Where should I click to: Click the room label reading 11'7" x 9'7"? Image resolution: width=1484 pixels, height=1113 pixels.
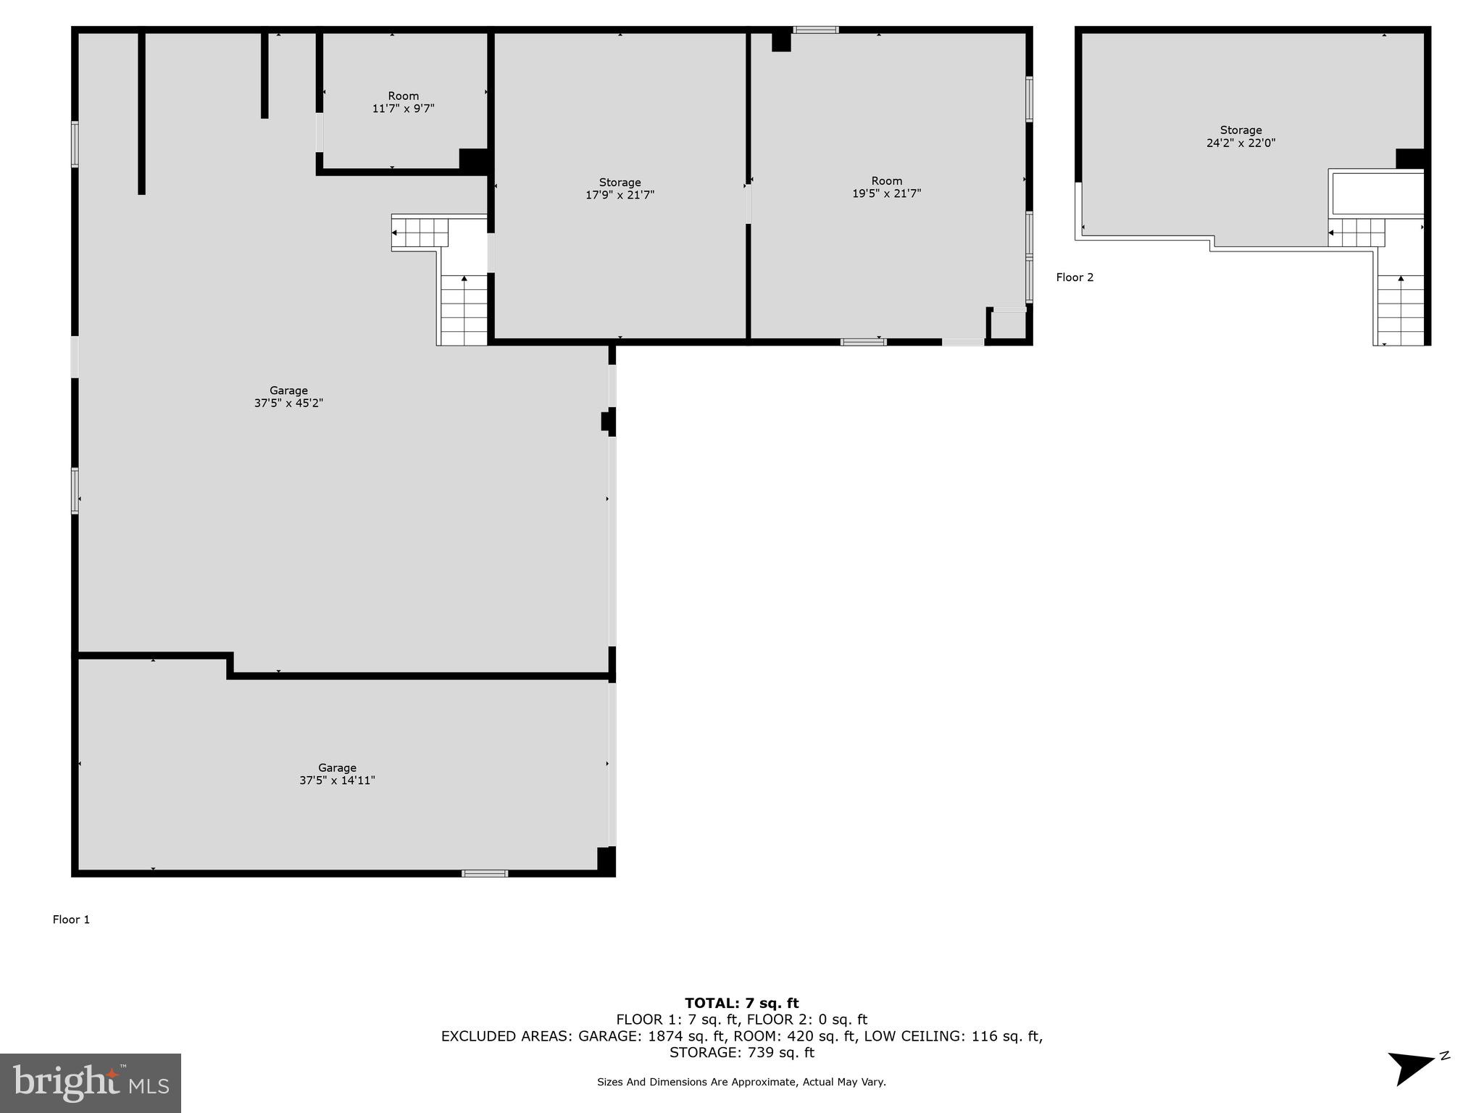403,102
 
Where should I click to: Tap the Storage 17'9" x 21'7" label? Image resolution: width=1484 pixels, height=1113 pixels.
620,188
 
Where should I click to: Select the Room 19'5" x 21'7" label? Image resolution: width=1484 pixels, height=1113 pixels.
886,187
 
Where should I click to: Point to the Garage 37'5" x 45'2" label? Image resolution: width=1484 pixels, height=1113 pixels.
288,396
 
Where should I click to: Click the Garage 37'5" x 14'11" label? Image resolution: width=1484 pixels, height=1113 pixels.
337,774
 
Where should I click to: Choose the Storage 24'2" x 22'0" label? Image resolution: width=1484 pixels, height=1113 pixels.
1241,137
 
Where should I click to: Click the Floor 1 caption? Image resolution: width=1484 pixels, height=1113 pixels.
71,920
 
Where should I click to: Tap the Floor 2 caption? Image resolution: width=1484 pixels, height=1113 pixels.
1075,278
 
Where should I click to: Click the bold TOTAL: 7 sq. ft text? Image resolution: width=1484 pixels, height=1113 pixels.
741,1003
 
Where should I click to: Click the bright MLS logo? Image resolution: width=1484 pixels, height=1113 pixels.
91,1083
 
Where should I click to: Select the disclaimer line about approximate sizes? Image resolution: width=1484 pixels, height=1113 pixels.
741,1082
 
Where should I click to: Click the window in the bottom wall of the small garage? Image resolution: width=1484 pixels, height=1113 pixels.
485,873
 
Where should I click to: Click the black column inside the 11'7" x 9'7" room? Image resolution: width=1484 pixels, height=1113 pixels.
473,160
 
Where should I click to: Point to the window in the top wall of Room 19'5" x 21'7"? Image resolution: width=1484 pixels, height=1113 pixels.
815,30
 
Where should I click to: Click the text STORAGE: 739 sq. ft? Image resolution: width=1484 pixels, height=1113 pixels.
741,1052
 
